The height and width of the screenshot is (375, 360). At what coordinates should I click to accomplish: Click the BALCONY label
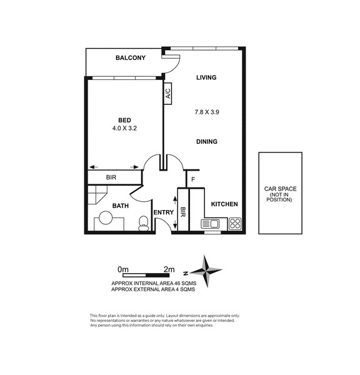131,58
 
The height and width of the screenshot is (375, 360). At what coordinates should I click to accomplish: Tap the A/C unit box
168,94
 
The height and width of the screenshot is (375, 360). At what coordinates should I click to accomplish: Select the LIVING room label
206,77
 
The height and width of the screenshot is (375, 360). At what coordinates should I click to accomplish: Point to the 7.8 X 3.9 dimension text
207,112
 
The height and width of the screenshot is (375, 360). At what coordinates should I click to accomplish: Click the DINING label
207,142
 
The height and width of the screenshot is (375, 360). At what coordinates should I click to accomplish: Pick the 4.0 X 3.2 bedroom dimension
124,128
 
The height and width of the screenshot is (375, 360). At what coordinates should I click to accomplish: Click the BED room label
124,120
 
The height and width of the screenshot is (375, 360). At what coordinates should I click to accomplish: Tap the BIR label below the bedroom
111,177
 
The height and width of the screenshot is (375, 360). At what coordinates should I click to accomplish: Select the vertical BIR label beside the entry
182,212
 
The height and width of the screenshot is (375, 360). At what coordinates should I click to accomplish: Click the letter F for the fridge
193,179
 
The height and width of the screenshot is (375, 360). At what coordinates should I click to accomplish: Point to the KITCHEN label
224,204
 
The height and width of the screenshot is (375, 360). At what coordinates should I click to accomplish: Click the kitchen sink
211,224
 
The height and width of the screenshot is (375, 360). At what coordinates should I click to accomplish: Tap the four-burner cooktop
234,224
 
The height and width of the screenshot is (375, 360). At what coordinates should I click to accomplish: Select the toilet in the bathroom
144,223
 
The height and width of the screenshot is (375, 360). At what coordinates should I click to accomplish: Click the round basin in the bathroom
106,217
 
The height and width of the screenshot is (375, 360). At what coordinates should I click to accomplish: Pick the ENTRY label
164,212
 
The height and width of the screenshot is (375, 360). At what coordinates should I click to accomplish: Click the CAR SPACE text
280,189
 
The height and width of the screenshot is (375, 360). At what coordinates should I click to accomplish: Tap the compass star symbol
206,271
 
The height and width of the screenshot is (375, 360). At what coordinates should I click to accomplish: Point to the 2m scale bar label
169,269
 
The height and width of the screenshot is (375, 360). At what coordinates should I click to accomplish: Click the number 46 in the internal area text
177,283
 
